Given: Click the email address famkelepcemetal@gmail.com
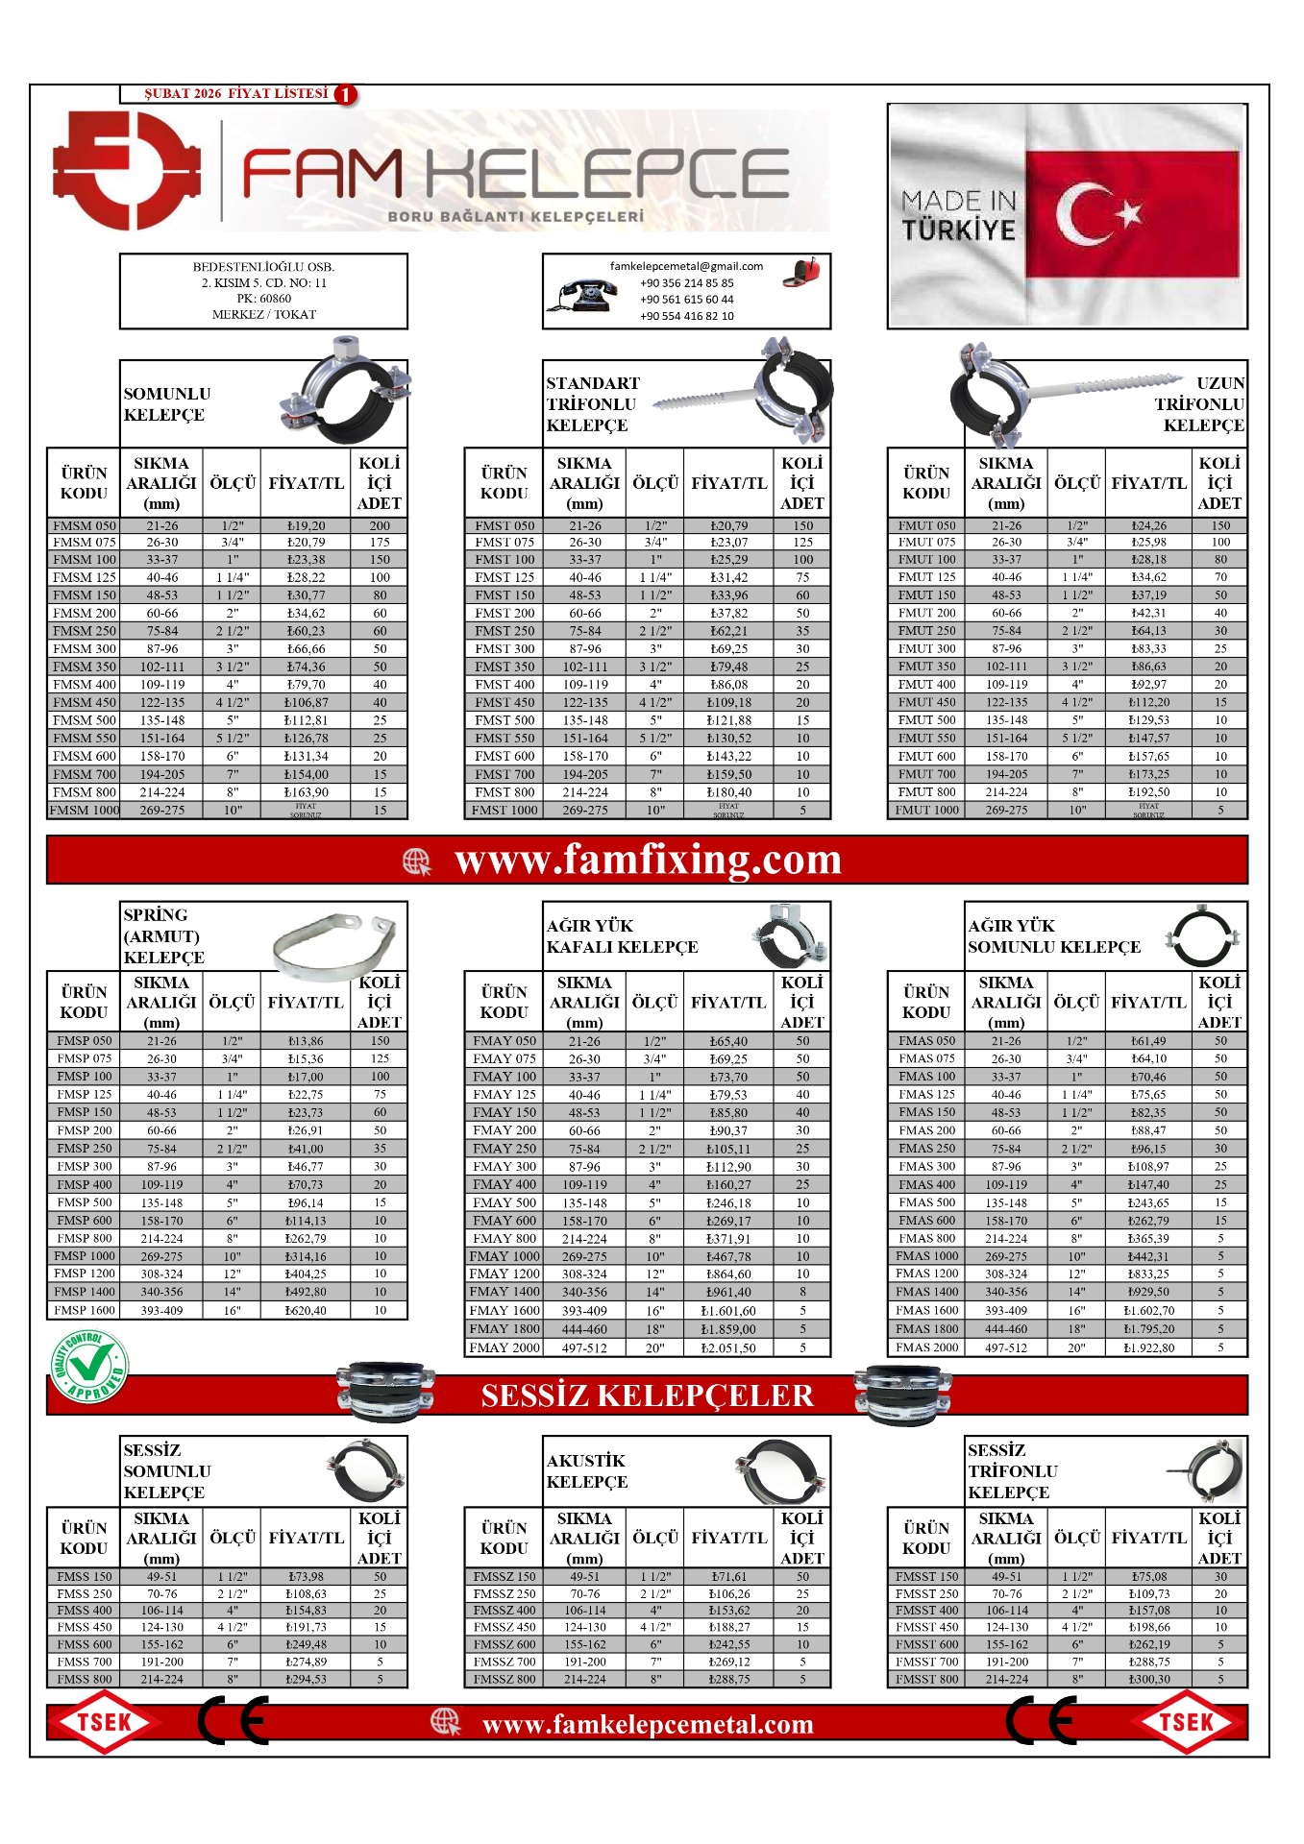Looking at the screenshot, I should (686, 267).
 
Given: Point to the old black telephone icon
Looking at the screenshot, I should (583, 295).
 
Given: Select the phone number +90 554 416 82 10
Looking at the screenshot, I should (686, 316).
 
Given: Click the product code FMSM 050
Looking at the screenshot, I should (85, 525).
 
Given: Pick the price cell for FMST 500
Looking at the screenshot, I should (728, 720).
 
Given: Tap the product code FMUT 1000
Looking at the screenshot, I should (926, 810).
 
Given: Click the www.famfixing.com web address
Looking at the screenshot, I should (648, 860).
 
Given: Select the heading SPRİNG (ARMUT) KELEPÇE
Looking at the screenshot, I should (163, 935).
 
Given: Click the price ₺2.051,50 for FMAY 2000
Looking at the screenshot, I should (728, 1347).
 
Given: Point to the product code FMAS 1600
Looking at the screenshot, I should (926, 1310).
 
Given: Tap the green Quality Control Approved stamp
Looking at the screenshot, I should (90, 1366).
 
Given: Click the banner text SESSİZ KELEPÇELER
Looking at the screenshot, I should (647, 1395).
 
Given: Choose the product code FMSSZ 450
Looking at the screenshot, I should (504, 1627).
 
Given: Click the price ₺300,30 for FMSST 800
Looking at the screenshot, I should (1149, 1679).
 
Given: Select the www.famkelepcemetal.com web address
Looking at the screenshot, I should (648, 1725).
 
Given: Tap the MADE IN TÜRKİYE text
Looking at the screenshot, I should (958, 215).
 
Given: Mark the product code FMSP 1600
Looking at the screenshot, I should (85, 1310).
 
